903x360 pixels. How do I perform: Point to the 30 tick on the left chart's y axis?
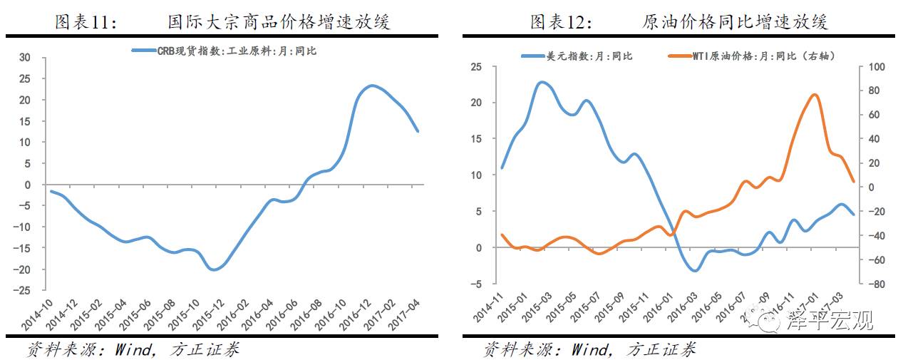[x=26, y=58]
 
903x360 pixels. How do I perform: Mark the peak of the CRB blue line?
[x=371, y=86]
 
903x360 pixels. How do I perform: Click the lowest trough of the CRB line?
[x=214, y=269]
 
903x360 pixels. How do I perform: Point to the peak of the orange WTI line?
[x=815, y=94]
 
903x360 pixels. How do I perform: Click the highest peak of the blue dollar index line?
[x=542, y=82]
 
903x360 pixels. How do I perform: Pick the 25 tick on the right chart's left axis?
[x=476, y=67]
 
